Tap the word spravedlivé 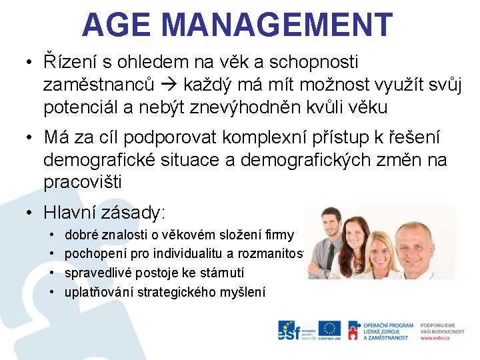[99, 273]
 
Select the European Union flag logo [329, 329]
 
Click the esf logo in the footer [287, 330]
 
